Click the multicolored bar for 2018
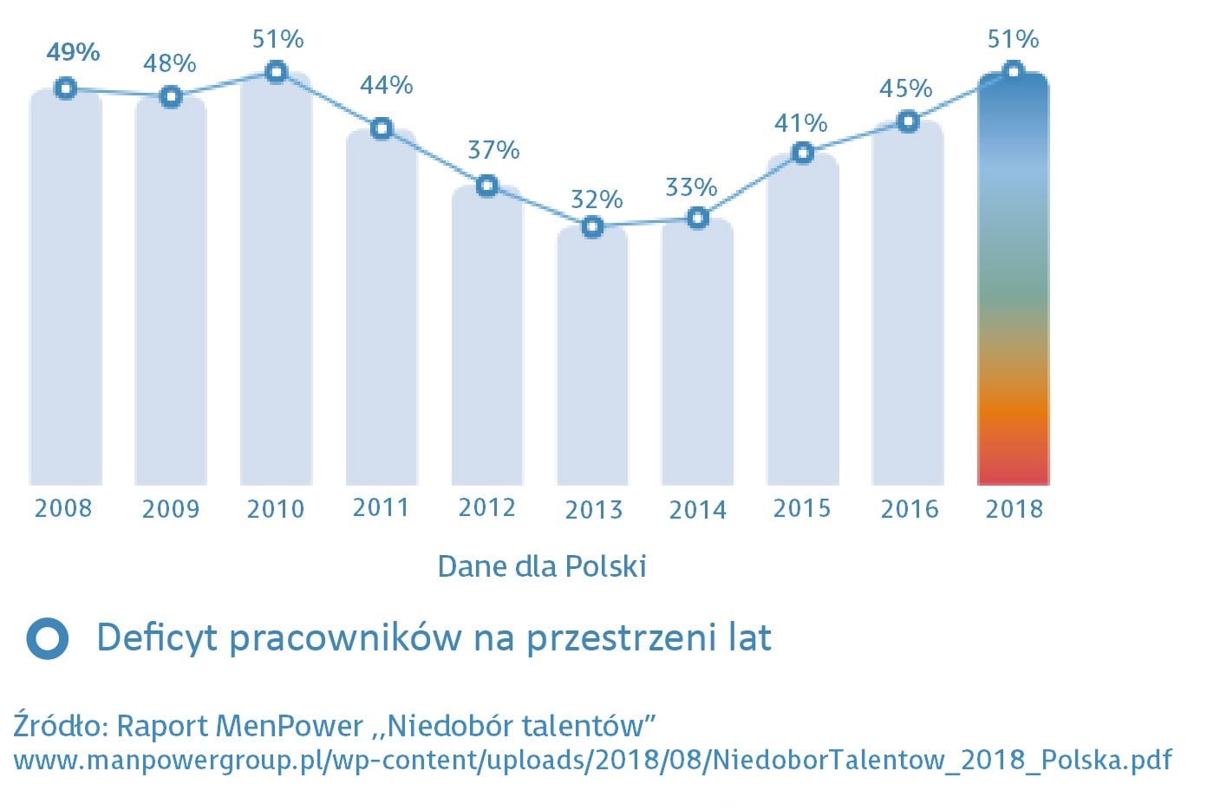(1013, 286)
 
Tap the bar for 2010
(276, 286)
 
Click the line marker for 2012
(487, 186)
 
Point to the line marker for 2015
(803, 154)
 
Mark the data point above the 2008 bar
(65, 88)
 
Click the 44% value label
(387, 85)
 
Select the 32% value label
(597, 199)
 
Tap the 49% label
(73, 52)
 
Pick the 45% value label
(906, 88)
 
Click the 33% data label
(691, 187)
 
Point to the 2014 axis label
(698, 509)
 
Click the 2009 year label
(171, 509)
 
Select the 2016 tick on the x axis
(910, 509)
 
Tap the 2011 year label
(381, 507)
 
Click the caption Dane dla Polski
(542, 566)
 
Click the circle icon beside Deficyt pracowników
(47, 638)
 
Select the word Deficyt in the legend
(157, 638)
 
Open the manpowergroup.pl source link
(592, 761)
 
